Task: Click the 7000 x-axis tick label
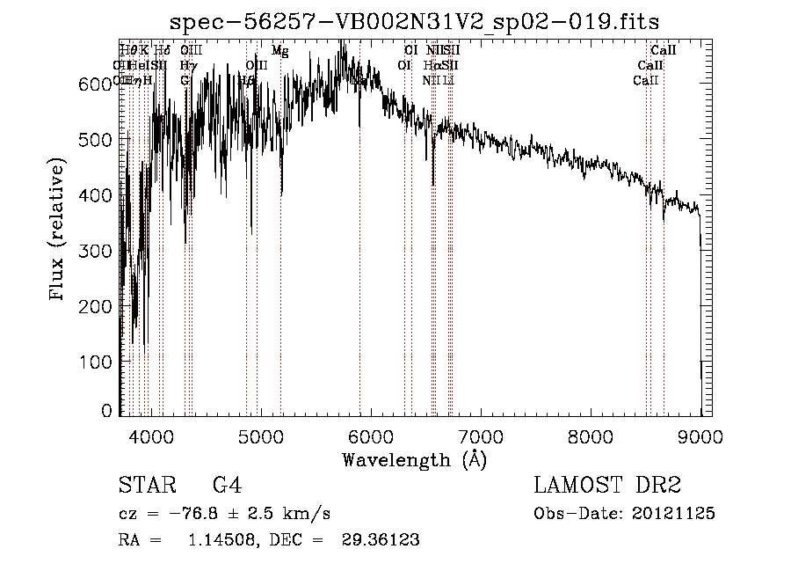tap(481, 435)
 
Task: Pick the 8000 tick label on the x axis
tap(591, 435)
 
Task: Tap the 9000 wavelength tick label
tap(700, 435)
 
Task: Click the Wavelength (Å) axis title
tap(414, 459)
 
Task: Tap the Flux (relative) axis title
tap(59, 231)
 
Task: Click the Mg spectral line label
tap(279, 52)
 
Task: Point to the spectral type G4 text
tap(227, 487)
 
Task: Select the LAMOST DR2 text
tap(607, 487)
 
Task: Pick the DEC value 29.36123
tap(380, 540)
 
